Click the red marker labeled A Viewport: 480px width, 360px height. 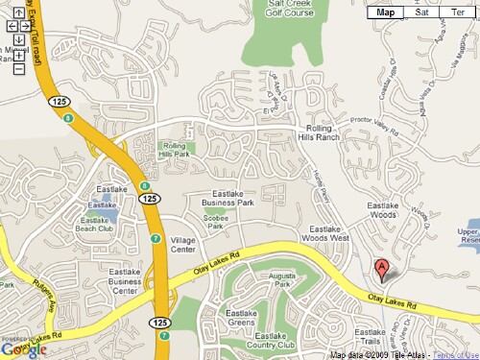tap(381, 270)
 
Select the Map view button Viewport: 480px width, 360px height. tap(386, 12)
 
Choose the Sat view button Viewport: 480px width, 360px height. tap(421, 12)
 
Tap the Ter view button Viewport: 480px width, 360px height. tap(457, 12)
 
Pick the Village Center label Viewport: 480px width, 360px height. tap(182, 244)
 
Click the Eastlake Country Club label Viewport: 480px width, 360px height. tap(272, 341)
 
